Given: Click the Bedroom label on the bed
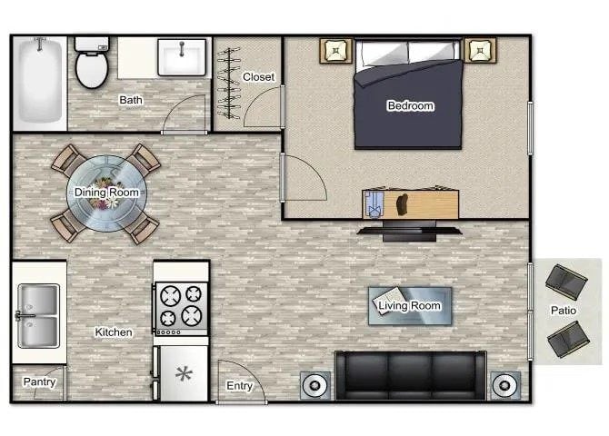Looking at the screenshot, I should [x=410, y=106].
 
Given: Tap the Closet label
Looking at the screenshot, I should [x=258, y=77].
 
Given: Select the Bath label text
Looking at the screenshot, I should [x=131, y=100].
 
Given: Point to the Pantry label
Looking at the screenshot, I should [x=39, y=382].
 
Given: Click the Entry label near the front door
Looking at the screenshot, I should [x=239, y=386].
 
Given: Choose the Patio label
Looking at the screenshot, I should [x=563, y=311].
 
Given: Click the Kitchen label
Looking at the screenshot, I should [x=114, y=332].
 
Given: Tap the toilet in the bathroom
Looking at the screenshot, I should [x=90, y=64].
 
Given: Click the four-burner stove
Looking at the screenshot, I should [x=180, y=305].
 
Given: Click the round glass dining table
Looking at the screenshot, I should [x=105, y=193].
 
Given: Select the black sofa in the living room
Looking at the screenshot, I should [x=410, y=374].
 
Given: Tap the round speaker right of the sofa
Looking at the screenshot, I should [x=504, y=385].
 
